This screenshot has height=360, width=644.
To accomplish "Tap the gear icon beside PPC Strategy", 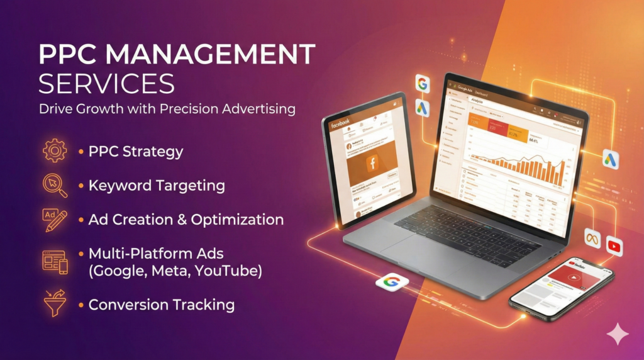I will click(x=55, y=151).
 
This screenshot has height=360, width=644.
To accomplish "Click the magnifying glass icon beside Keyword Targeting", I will click(x=55, y=185).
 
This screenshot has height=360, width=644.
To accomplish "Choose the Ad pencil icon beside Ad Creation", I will click(x=55, y=220).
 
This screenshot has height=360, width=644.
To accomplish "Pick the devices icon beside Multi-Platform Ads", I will click(x=55, y=261).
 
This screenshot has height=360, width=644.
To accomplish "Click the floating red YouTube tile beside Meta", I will click(x=614, y=247).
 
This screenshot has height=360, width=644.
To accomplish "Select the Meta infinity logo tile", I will click(x=592, y=238).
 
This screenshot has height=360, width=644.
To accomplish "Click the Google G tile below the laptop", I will click(x=391, y=281).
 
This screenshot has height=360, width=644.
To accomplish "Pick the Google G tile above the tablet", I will click(x=422, y=83).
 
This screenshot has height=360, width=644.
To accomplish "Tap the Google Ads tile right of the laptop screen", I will click(x=610, y=159).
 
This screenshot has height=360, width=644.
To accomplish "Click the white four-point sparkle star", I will click(x=617, y=333).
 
